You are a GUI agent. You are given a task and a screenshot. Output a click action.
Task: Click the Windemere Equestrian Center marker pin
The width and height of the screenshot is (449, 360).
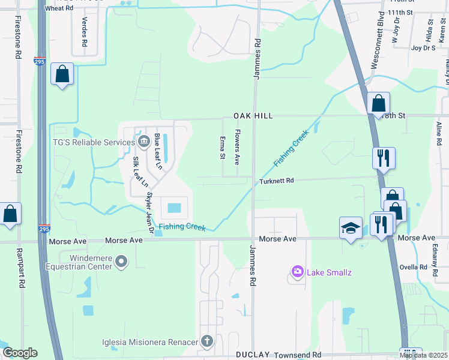click(122, 261)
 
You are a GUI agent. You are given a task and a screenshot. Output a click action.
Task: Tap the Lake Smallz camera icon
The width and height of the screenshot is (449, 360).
click(297, 272)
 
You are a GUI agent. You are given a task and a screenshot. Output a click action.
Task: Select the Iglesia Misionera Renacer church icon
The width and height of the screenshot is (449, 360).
click(207, 342)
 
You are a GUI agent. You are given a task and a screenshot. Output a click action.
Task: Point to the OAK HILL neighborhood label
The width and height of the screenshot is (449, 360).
click(253, 115)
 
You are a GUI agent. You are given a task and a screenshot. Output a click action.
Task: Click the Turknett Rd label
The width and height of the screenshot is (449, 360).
click(276, 181)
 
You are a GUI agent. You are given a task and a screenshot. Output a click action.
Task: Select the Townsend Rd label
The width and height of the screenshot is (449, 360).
click(300, 355)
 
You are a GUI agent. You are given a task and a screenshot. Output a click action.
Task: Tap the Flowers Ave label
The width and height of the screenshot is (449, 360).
click(237, 148)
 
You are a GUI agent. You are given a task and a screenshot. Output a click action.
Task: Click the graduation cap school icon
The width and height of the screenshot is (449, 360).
click(351, 228)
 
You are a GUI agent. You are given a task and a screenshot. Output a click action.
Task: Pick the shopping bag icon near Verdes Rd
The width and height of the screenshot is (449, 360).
click(62, 74)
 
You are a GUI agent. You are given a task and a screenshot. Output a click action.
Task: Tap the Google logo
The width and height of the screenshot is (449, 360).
click(20, 353)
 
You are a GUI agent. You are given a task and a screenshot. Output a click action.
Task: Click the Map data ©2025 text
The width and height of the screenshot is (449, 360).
click(423, 355)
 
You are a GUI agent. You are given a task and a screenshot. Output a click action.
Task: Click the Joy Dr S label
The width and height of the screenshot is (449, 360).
click(423, 47)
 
